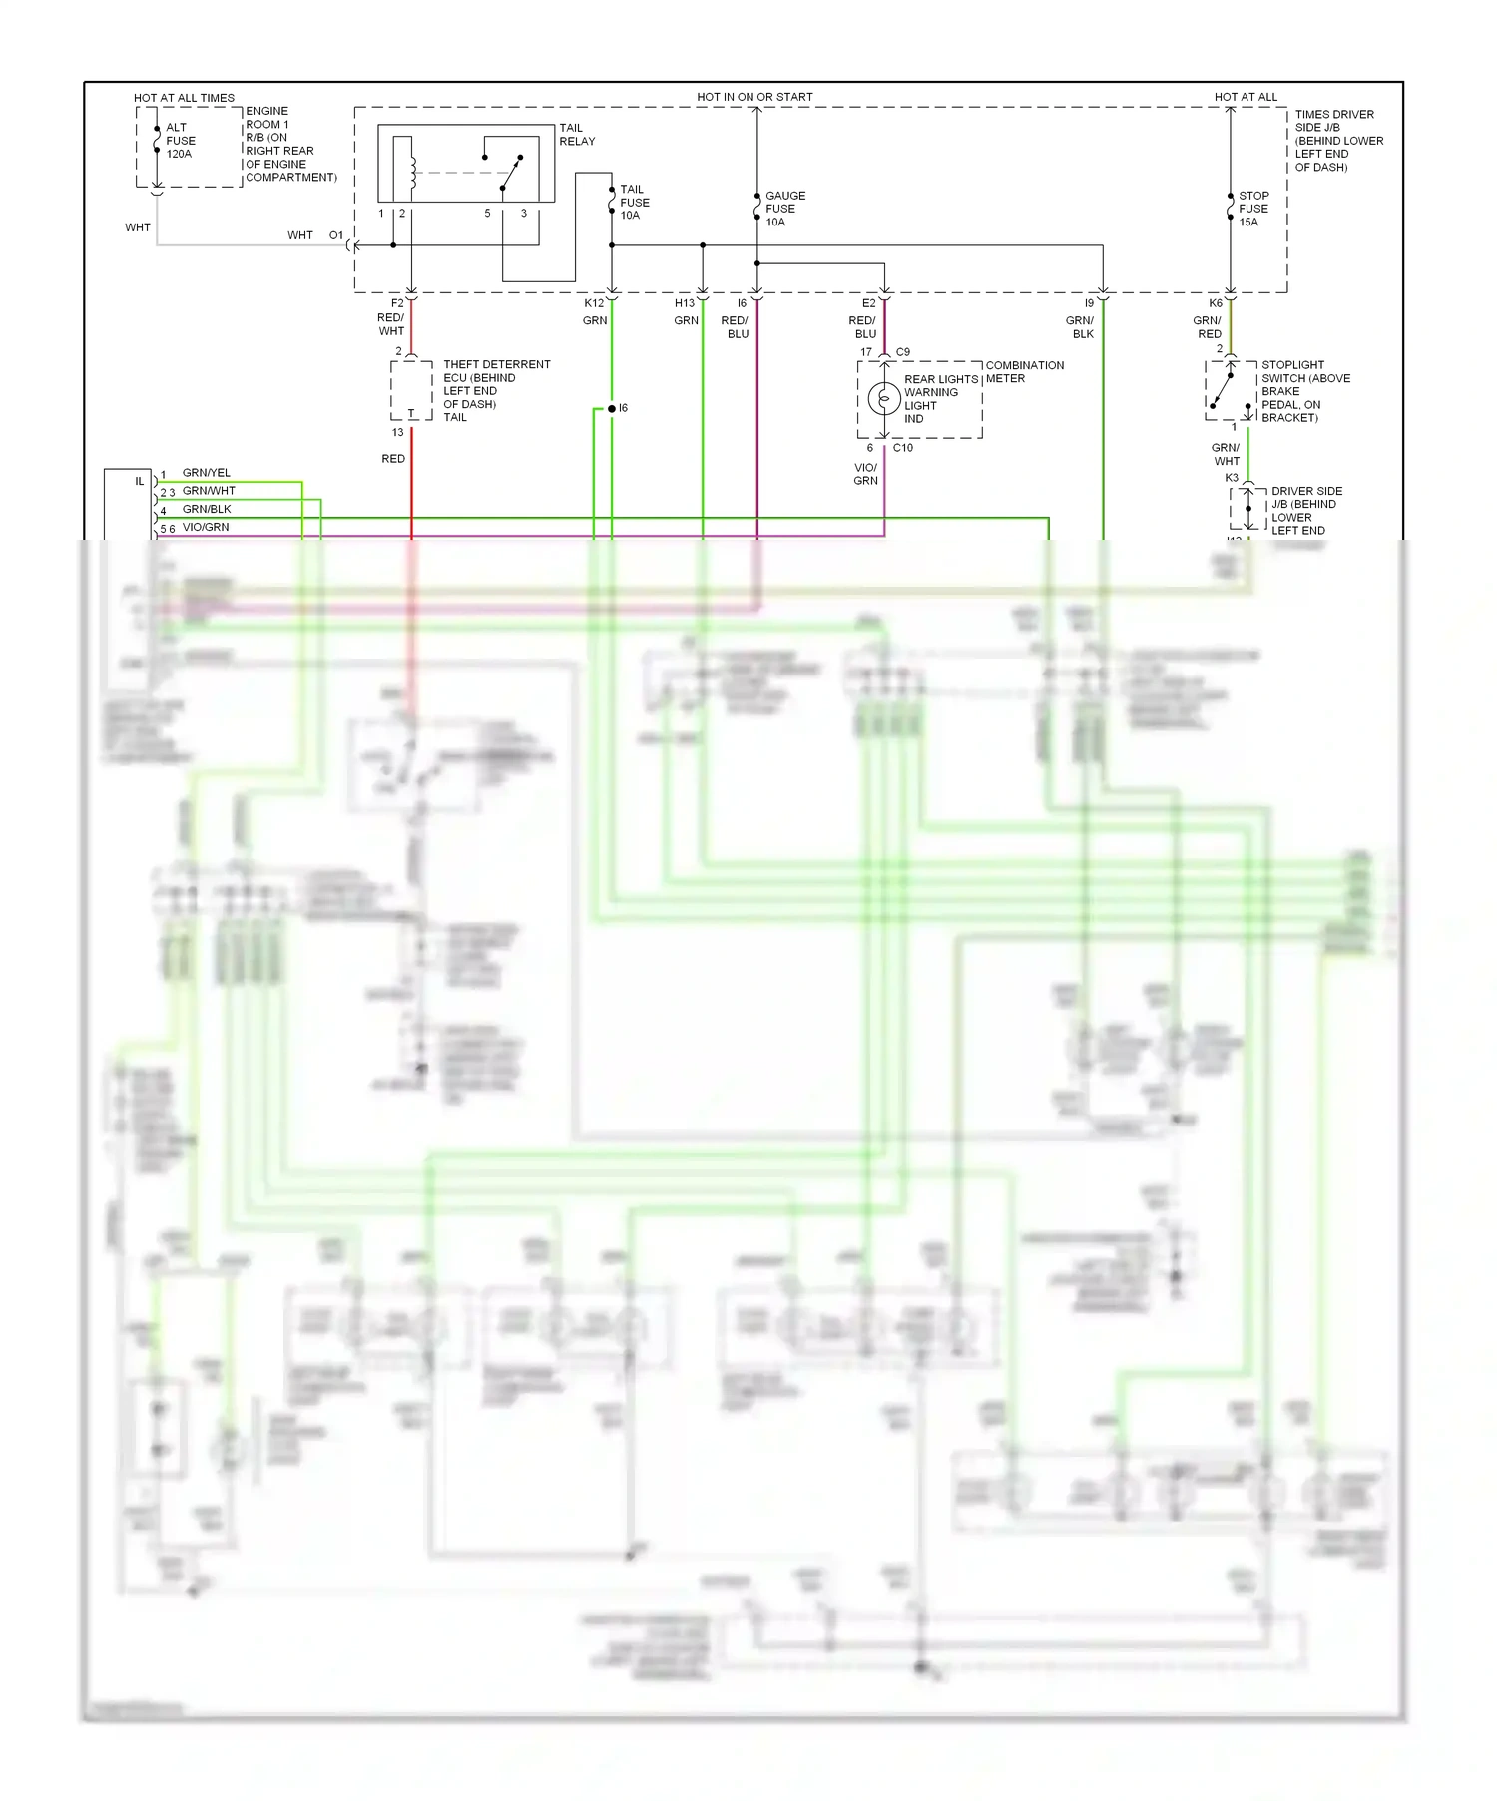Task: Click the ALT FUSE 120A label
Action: point(180,141)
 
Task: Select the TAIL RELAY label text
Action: point(576,135)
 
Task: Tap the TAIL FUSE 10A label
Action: point(634,202)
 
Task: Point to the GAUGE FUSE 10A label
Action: point(784,209)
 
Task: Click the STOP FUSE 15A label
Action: point(1252,209)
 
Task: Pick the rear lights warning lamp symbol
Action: point(884,399)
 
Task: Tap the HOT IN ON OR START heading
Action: point(754,97)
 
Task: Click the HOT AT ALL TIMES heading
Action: point(184,98)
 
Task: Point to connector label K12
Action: point(593,303)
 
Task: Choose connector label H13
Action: point(684,303)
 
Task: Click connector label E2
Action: point(868,303)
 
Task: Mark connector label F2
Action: point(397,303)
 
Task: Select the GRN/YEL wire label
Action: point(206,473)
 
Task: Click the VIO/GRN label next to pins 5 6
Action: point(206,527)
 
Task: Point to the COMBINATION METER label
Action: point(1024,372)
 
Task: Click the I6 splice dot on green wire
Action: point(611,409)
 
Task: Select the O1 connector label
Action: point(336,236)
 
